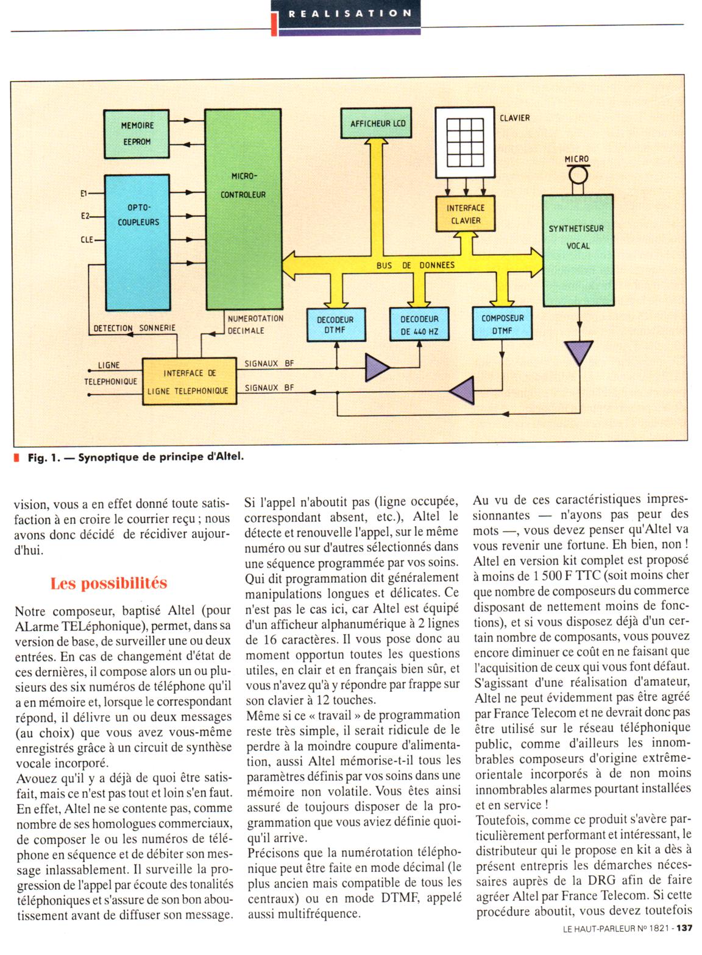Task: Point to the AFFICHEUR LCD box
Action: click(x=378, y=124)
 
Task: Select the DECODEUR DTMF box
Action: click(x=335, y=325)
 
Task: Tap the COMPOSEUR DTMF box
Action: click(x=502, y=323)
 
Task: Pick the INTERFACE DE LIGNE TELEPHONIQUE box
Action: click(x=190, y=381)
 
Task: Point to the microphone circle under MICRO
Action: click(x=576, y=177)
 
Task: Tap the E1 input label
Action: click(x=85, y=194)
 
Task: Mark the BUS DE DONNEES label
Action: click(x=415, y=266)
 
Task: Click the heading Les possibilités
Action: click(x=108, y=583)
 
